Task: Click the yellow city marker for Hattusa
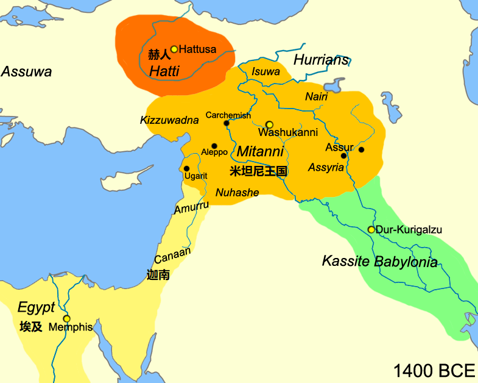point(174,49)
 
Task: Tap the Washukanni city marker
point(269,124)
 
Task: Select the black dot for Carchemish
point(227,123)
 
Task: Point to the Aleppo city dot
point(214,146)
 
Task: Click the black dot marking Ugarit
point(186,168)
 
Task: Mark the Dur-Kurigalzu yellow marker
point(371,230)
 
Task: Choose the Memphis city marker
point(67,318)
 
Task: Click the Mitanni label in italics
point(260,151)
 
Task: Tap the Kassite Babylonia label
point(379,262)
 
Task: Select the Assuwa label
point(26,72)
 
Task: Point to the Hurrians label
point(322,59)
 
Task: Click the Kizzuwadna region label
point(169,120)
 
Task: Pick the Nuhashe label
point(237,193)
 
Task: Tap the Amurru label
point(192,208)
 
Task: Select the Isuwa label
point(265,72)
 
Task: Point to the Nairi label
point(316,97)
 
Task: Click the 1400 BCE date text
point(433,370)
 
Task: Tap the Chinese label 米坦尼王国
point(259,171)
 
